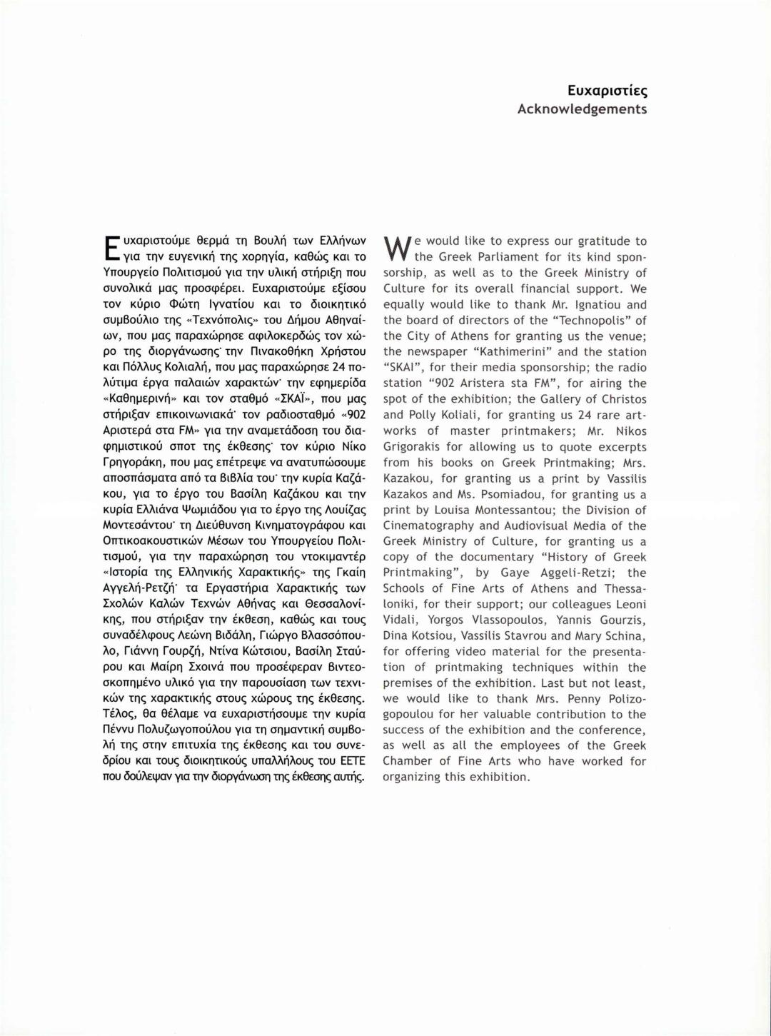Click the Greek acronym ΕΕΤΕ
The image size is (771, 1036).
coord(352,761)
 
